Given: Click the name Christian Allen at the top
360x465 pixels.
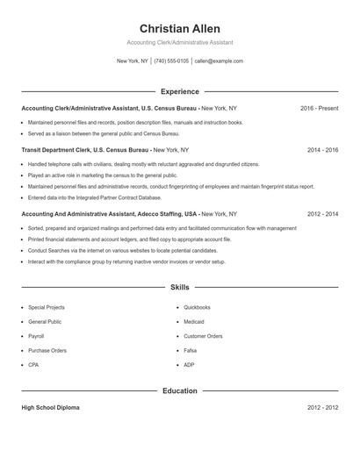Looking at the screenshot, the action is [x=179, y=29].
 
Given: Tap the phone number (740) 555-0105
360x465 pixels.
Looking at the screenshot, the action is [x=171, y=61].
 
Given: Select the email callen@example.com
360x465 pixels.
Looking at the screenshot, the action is [x=219, y=61].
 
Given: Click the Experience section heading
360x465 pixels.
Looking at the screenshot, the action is [x=179, y=91].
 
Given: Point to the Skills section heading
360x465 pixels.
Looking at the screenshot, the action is [x=179, y=287].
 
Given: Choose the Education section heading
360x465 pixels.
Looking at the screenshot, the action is [x=179, y=390].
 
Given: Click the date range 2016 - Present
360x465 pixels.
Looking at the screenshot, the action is [x=319, y=108].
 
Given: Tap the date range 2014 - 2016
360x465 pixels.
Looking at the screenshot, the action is [x=322, y=150].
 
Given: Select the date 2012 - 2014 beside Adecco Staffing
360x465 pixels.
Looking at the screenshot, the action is [x=322, y=213].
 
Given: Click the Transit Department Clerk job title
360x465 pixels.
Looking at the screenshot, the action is [x=55, y=150].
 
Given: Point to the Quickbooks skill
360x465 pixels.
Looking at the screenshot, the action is [x=197, y=308].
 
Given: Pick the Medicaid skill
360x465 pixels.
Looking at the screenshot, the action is [x=195, y=322].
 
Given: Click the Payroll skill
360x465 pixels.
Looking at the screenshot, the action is [x=36, y=336].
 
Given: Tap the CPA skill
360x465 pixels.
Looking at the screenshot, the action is [x=33, y=364].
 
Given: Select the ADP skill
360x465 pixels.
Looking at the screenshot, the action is [x=190, y=364].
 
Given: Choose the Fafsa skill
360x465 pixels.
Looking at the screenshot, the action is [x=191, y=350].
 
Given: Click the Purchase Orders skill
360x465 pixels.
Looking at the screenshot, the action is [x=47, y=350].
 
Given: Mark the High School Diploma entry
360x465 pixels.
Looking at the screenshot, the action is [x=50, y=408].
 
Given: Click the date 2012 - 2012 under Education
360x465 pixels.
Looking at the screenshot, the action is [x=322, y=408].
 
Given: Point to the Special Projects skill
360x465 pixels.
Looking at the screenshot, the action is [x=47, y=308].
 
